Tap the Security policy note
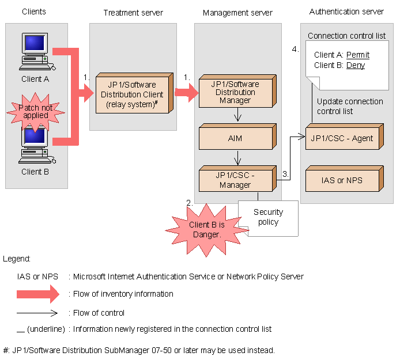click(x=269, y=218)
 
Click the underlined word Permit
click(x=358, y=55)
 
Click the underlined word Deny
click(x=356, y=65)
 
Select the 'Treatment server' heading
click(x=133, y=13)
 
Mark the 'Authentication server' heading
click(x=347, y=12)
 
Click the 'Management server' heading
click(x=237, y=13)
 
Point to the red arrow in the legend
click(x=38, y=294)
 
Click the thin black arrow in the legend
click(x=38, y=313)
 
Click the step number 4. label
click(x=296, y=49)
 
